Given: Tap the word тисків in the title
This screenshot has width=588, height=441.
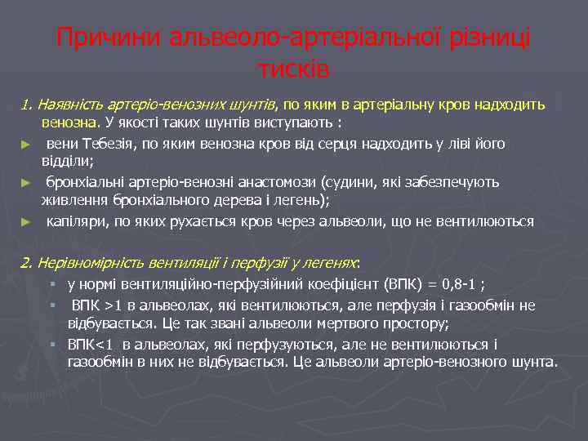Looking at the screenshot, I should [293, 69].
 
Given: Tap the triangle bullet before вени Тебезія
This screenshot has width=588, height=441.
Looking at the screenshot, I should [25, 145].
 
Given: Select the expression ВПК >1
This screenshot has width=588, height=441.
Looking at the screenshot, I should [96, 305].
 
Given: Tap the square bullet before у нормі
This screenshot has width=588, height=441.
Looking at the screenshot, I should [52, 285].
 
